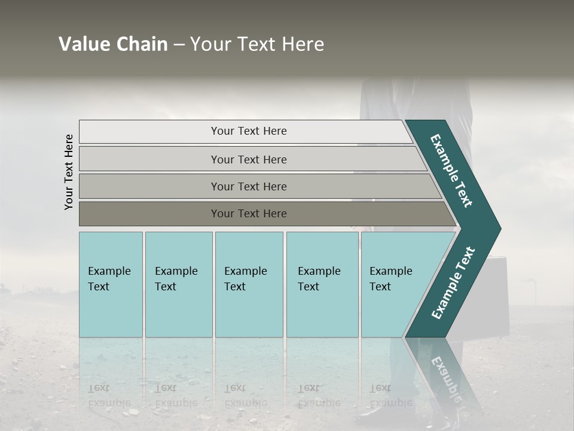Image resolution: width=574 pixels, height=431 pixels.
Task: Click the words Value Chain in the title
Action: [113, 44]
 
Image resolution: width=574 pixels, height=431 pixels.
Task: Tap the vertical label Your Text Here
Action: [69, 172]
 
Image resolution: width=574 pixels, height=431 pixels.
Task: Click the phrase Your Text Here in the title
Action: [257, 44]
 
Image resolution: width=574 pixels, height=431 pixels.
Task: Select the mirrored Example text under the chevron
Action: [445, 377]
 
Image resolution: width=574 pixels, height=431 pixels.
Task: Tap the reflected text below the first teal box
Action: [109, 395]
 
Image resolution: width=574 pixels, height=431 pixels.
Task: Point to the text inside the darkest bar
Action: [249, 214]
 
